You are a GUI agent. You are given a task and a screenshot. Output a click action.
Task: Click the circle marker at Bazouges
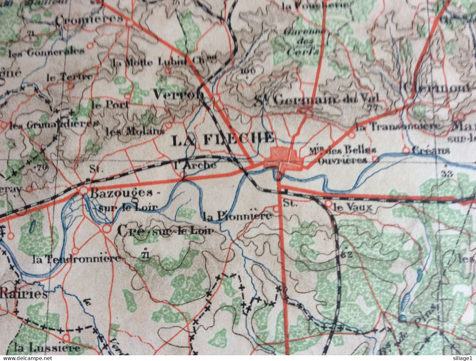point(84,191)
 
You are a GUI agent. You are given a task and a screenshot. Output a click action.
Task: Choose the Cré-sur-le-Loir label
point(165,231)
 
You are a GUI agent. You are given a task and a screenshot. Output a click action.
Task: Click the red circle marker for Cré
point(106,229)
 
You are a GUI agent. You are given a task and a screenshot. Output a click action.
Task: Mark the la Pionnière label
point(238,216)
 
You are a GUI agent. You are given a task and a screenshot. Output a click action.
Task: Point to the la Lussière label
point(47,347)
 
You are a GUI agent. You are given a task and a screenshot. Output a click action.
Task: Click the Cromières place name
point(89,20)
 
